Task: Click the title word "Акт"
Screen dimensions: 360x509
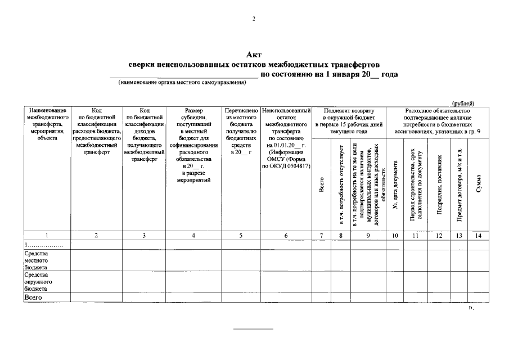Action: point(254,55)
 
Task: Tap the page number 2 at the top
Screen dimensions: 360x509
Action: point(254,19)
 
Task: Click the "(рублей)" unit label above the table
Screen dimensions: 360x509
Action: point(463,103)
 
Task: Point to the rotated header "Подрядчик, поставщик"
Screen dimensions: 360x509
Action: point(439,184)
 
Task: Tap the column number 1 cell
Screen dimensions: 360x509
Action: point(46,236)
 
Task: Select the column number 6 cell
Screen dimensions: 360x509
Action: point(286,236)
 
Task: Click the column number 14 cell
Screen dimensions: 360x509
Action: point(478,236)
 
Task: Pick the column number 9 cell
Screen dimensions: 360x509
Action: point(368,236)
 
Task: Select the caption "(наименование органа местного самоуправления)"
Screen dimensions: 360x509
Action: point(182,83)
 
